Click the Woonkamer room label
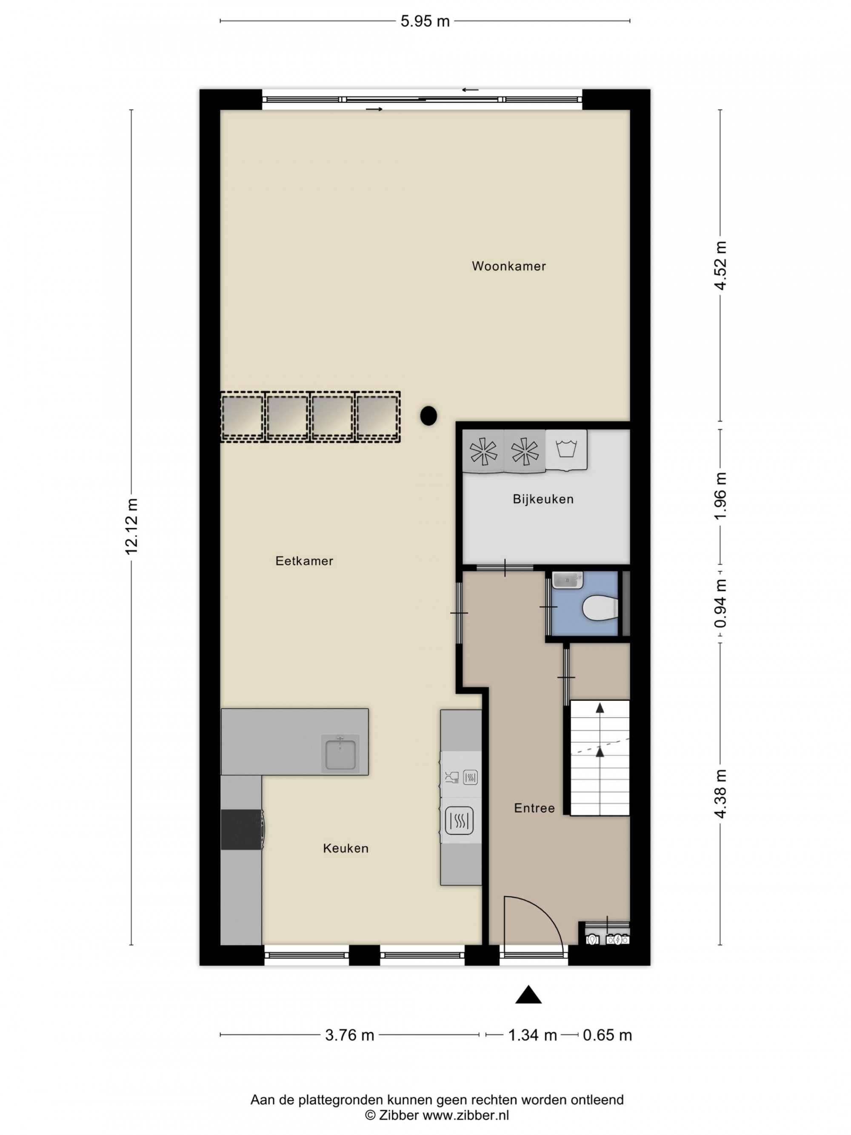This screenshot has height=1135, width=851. [x=508, y=266]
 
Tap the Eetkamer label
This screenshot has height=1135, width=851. [x=304, y=561]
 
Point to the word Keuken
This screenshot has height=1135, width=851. [x=346, y=848]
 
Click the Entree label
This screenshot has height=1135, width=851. [x=534, y=808]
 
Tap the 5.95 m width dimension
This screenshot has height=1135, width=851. [x=425, y=21]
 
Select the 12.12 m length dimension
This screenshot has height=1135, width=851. [x=132, y=526]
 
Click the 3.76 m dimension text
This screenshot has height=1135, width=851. [x=350, y=1035]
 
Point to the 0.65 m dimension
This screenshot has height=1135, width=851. [x=607, y=1035]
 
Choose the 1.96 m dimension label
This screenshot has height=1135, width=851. [x=721, y=496]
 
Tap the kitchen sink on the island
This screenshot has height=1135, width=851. [x=340, y=752]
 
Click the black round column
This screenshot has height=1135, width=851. [x=428, y=416]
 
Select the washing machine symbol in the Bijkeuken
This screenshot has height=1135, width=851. [x=566, y=449]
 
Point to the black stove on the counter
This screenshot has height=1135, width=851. [x=242, y=830]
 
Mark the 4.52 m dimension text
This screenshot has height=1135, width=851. [x=721, y=266]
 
